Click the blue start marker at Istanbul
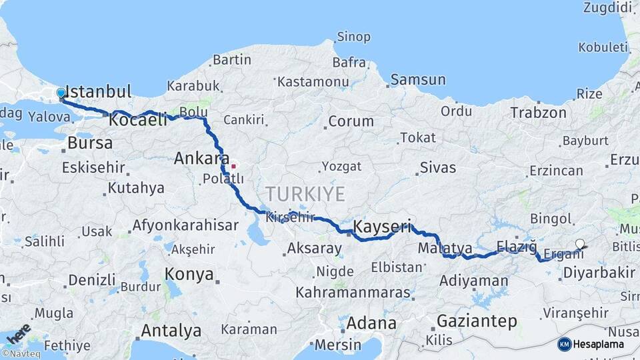click(x=61, y=93)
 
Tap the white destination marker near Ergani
click(x=580, y=244)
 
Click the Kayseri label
click(x=382, y=226)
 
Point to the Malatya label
click(x=445, y=249)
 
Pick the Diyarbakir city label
click(x=599, y=272)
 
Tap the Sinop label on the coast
click(x=353, y=37)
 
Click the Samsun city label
click(x=418, y=79)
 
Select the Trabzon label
click(x=539, y=113)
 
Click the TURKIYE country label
click(x=305, y=194)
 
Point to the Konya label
click(x=189, y=274)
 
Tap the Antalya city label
click(x=171, y=330)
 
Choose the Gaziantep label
click(x=477, y=321)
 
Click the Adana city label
click(x=371, y=323)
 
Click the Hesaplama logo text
click(x=599, y=344)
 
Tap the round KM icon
click(x=565, y=344)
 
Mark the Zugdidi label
click(x=607, y=7)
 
